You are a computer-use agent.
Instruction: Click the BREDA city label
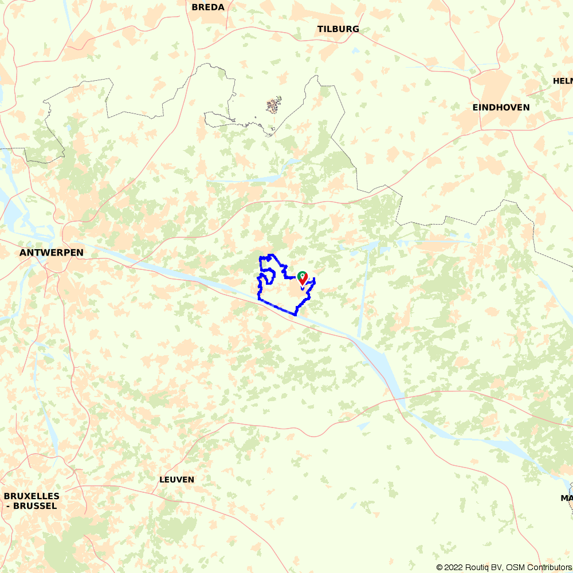tap(208, 7)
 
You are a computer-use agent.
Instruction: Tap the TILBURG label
tap(338, 29)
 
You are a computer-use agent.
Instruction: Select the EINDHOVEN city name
tap(501, 108)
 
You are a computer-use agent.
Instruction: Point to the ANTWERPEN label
tap(52, 253)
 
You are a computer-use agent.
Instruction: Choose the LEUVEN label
tap(177, 480)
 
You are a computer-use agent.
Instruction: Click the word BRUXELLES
tap(32, 496)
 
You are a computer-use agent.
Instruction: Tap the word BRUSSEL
tap(36, 506)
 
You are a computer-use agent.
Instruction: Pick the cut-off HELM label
tap(562, 81)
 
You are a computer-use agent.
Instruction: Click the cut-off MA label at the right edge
tap(567, 499)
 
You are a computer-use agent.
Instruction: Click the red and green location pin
tap(302, 278)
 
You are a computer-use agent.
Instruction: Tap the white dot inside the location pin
tap(302, 276)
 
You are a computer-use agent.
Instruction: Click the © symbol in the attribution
tap(439, 567)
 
